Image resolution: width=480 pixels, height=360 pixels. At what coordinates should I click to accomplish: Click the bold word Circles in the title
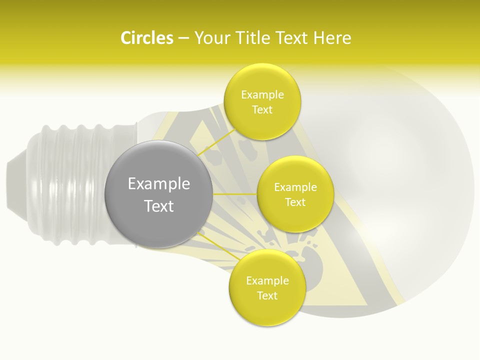(x=147, y=38)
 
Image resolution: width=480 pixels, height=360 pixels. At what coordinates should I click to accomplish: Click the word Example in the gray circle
(x=159, y=184)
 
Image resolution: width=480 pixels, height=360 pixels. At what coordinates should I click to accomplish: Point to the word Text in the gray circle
(x=159, y=206)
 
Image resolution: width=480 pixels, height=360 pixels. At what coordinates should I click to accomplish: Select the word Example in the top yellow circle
(x=262, y=95)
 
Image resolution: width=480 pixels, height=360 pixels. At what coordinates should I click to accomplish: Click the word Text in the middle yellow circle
(x=295, y=202)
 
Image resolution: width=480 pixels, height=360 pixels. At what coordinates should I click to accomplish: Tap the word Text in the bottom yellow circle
(x=267, y=295)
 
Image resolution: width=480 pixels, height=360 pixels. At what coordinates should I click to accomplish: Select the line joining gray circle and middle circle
(x=235, y=194)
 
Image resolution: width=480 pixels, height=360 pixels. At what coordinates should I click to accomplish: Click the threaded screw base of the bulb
(x=75, y=185)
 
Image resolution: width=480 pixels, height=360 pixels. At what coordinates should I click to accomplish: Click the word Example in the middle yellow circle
(x=295, y=187)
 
